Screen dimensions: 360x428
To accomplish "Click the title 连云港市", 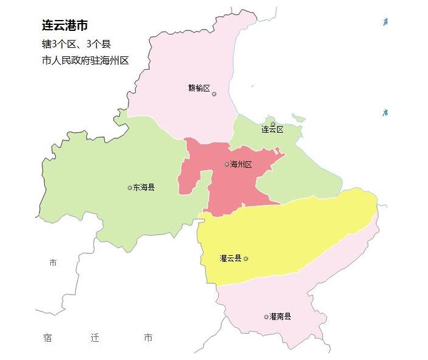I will (65, 26).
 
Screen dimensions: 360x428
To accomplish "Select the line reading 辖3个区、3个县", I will (76, 44).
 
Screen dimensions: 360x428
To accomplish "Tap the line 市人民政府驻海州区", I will (85, 61).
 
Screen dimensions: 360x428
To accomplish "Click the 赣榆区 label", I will (199, 88).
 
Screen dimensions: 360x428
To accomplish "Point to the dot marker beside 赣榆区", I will (214, 94).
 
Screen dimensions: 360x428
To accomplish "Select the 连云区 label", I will (272, 130).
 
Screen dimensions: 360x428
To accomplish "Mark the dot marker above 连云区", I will (273, 124).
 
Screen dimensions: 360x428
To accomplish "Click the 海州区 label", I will (241, 164).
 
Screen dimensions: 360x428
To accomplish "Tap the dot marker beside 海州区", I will (227, 164).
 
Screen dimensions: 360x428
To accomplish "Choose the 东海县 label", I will (144, 187).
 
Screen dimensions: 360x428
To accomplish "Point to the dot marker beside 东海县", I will (130, 188).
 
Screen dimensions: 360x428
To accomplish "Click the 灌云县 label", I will (230, 258).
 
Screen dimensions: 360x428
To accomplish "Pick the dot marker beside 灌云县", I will (246, 259).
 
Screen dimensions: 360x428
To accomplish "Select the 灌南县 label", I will (280, 316).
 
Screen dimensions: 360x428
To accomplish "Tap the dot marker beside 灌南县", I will (266, 317).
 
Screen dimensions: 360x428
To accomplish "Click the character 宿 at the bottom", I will (47, 338).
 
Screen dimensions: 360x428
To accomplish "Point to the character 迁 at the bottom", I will (95, 338).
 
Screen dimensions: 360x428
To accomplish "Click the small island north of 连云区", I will (297, 118).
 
